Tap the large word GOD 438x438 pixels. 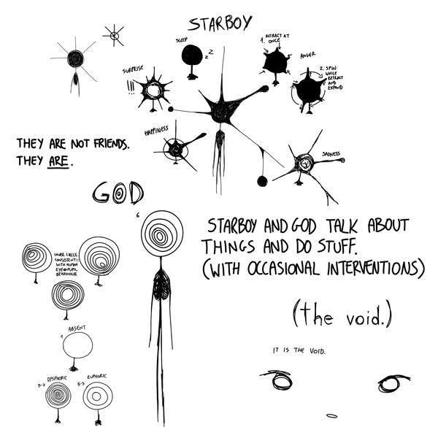(118, 192)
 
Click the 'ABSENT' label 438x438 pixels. (77, 329)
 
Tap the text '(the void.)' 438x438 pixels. (342, 315)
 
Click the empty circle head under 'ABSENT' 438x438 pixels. (77, 345)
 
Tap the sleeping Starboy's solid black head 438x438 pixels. (192, 55)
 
